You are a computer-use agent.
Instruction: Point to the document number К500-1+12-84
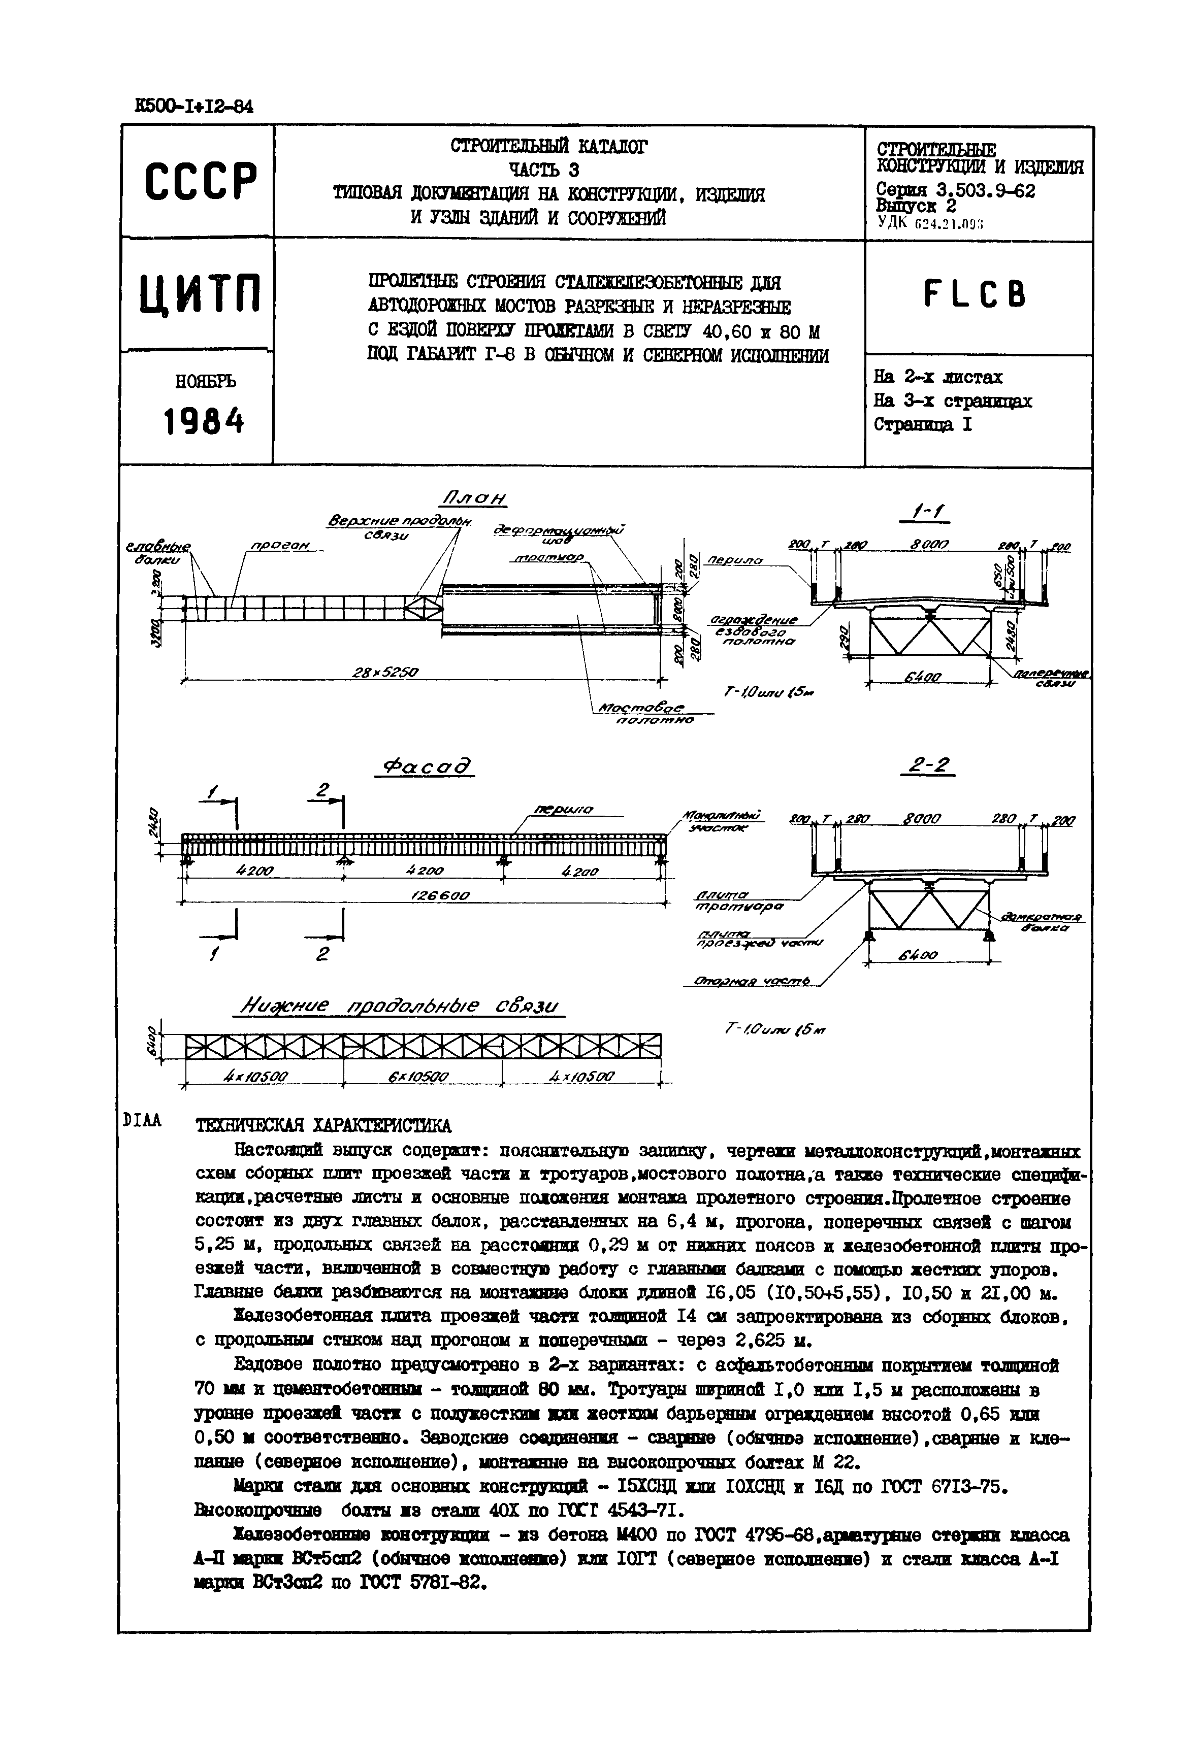pos(194,107)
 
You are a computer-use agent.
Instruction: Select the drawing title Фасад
pos(426,767)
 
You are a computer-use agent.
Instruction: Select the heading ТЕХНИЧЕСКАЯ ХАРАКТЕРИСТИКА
pos(323,1125)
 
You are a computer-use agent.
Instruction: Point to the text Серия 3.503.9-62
pos(954,191)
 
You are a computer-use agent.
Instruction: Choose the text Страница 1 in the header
pos(923,425)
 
